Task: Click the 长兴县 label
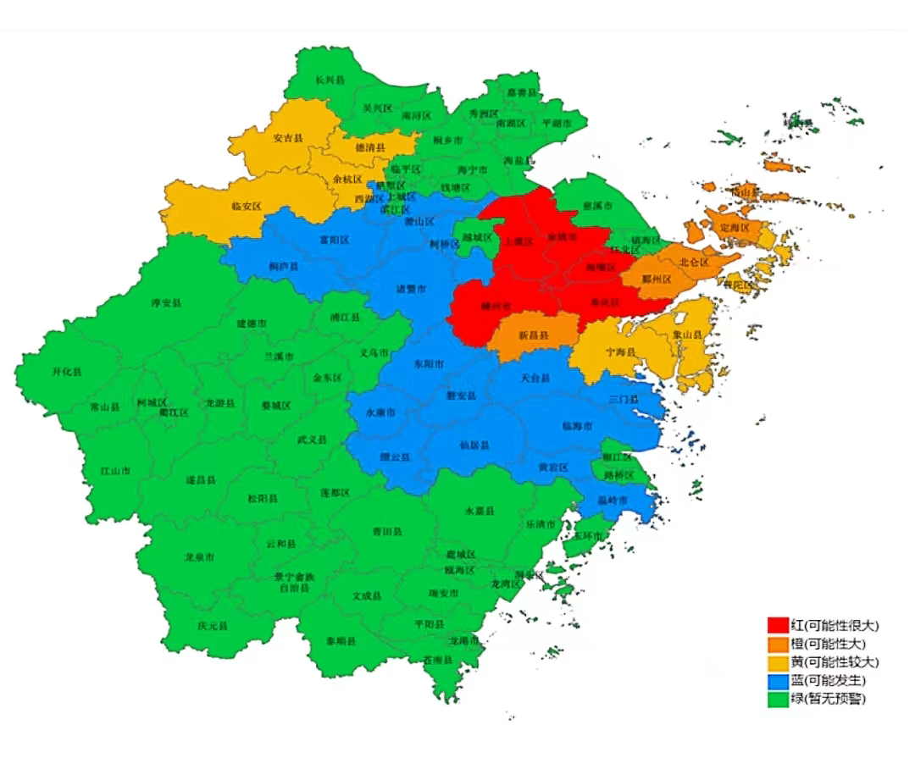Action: click(330, 80)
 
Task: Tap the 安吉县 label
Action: click(289, 138)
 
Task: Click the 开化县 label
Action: click(67, 372)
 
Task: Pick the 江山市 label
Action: click(114, 470)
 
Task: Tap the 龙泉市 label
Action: click(199, 557)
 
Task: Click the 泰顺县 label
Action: click(341, 641)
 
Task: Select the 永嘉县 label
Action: click(480, 512)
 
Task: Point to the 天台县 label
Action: click(535, 378)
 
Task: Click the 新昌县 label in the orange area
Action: click(534, 336)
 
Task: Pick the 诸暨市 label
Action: click(412, 289)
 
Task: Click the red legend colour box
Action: click(778, 625)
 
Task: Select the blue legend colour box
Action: click(778, 680)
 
